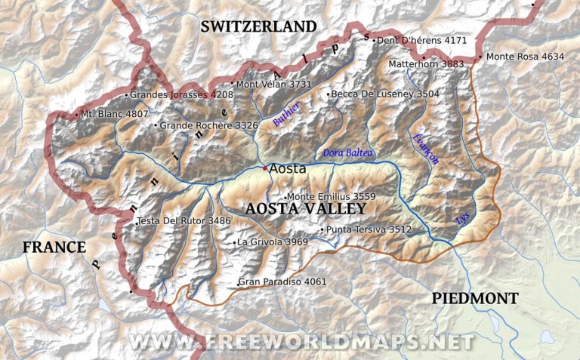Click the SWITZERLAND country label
(x=258, y=26)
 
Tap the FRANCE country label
(x=54, y=247)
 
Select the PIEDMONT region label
(x=475, y=298)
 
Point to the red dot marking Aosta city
(x=264, y=168)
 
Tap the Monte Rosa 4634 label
(x=525, y=57)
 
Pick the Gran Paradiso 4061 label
(x=282, y=282)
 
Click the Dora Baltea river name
(x=348, y=152)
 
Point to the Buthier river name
(x=286, y=114)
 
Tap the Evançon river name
(x=425, y=149)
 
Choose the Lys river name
(x=462, y=219)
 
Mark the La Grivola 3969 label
(x=272, y=242)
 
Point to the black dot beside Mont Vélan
(x=232, y=85)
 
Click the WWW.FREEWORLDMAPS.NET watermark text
(x=302, y=342)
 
